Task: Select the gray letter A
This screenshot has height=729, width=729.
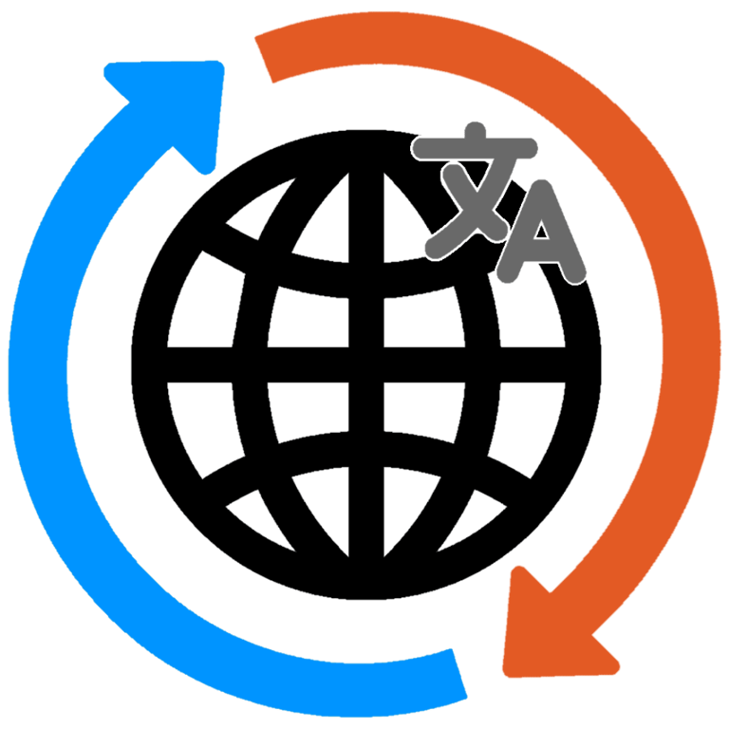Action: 541,247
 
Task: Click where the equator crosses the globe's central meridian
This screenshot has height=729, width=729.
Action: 365,364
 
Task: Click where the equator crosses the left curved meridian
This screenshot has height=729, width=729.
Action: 252,364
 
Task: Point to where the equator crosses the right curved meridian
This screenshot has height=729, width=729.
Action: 480,364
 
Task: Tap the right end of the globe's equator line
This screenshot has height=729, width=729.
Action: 583,364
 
